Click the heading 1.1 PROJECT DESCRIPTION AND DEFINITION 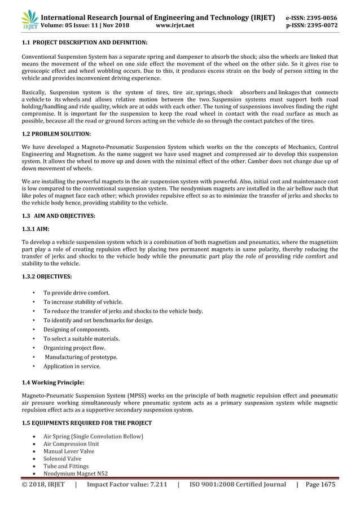click(x=85, y=43)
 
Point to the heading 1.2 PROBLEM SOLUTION click(x=56, y=134)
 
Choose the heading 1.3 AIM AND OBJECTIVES click(x=58, y=216)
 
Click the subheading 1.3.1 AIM click(x=36, y=229)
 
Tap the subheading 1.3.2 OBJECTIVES click(x=47, y=276)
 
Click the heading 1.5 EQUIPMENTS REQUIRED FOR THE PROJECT click(x=86, y=423)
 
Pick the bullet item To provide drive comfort click(x=77, y=293)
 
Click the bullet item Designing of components click(x=77, y=330)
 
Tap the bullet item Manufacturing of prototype click(x=81, y=357)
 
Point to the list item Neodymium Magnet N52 click(x=76, y=473)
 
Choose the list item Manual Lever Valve click(x=69, y=451)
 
